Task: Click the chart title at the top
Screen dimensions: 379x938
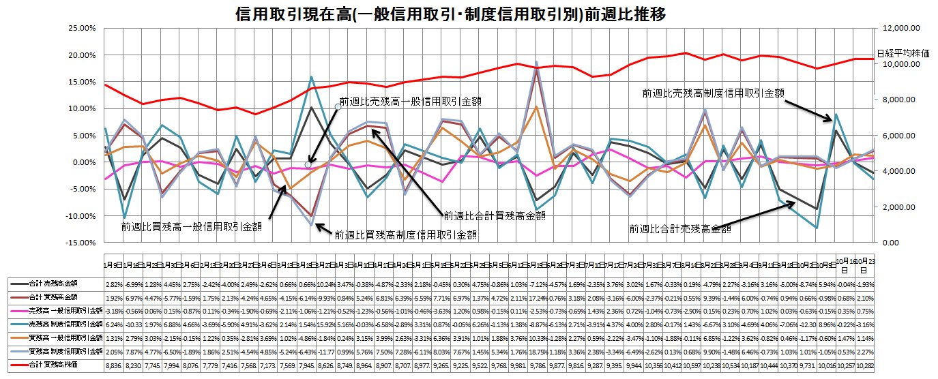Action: [440, 13]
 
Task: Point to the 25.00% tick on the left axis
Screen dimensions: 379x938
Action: [76, 29]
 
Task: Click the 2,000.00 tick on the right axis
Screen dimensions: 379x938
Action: [896, 207]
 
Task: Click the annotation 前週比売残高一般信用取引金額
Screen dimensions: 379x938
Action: [409, 101]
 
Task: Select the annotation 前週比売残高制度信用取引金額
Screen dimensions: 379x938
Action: [713, 92]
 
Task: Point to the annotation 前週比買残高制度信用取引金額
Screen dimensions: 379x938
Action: [405, 234]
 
